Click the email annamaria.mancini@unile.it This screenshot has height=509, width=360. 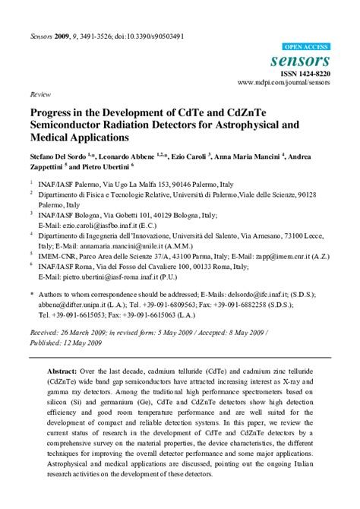tap(128, 245)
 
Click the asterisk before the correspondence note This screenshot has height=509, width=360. tap(31, 292)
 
